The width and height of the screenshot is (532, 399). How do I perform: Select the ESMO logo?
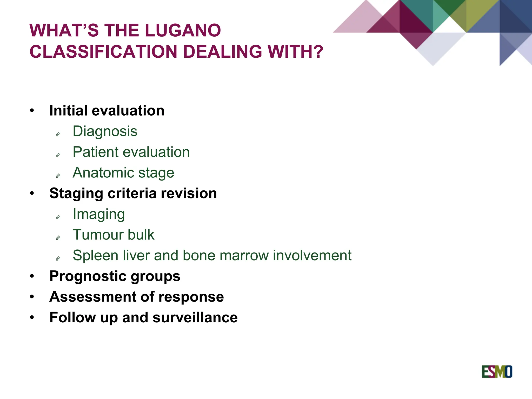tap(497, 372)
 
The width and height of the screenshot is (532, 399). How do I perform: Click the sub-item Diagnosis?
tap(105, 131)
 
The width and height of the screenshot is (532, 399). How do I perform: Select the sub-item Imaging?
tap(99, 215)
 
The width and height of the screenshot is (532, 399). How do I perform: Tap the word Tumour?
tap(98, 235)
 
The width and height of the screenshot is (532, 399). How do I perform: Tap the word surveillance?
tap(195, 317)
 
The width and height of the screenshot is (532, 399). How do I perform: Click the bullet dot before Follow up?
tap(32, 317)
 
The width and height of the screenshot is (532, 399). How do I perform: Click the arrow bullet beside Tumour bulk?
tap(58, 237)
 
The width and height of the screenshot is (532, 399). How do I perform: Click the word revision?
tap(189, 194)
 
